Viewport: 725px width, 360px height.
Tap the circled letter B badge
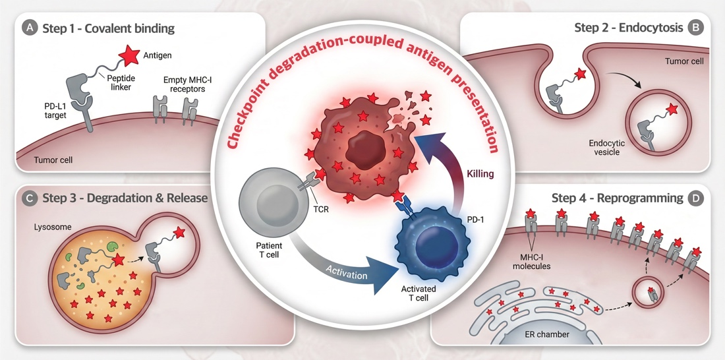click(x=695, y=28)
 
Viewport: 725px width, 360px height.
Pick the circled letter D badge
click(x=695, y=198)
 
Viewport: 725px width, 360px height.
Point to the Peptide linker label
click(x=121, y=82)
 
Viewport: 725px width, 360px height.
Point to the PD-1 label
click(x=475, y=220)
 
